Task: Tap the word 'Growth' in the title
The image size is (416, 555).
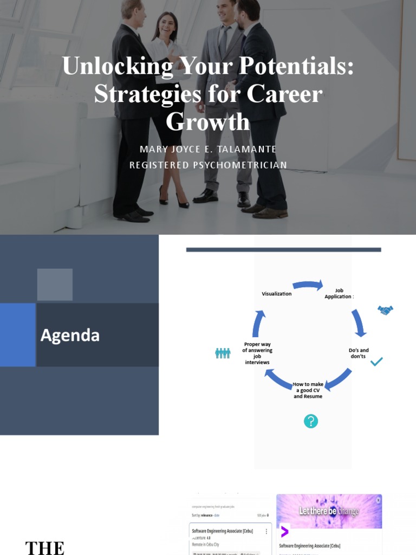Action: [x=207, y=121]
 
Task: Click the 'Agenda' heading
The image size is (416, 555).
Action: [x=70, y=335]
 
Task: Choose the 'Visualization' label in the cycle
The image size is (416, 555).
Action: [x=276, y=294]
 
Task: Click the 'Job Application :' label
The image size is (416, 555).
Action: [x=339, y=294]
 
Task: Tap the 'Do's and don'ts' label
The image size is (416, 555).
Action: [x=358, y=353]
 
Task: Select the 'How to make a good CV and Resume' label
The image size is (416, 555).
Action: [x=308, y=390]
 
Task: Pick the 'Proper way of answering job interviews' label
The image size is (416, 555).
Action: [x=257, y=353]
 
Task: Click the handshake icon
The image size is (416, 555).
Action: [x=385, y=310]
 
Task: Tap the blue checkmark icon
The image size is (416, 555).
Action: [x=376, y=362]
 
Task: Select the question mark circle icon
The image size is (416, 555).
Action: [x=310, y=421]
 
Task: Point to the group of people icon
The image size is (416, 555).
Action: [x=223, y=353]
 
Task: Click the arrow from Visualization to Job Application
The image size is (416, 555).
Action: [x=308, y=285]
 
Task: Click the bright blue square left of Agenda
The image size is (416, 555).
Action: [x=18, y=334]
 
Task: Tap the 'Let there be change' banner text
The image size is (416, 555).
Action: [x=329, y=511]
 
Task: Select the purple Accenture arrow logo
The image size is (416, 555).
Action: [x=284, y=531]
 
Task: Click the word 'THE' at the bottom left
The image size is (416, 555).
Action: [x=45, y=547]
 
